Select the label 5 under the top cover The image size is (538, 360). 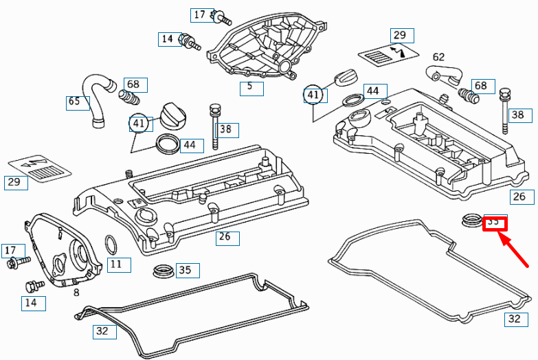[250, 87]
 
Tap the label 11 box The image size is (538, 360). [117, 263]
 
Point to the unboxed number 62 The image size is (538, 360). [438, 57]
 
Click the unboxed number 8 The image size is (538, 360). [76, 292]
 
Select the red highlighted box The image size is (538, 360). [494, 222]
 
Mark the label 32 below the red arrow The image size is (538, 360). [515, 319]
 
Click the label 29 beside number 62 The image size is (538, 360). [400, 35]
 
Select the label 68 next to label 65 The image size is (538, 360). [133, 85]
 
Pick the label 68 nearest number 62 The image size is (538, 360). [480, 86]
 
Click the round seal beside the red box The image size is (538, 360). [471, 221]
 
